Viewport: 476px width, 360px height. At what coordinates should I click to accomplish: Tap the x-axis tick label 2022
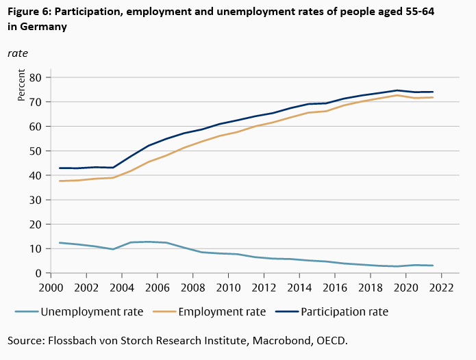[442, 287]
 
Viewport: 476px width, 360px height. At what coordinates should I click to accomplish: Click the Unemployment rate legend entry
[92, 311]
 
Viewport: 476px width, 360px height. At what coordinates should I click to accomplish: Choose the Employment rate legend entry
[222, 311]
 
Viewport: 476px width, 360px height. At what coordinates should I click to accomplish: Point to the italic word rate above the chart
[18, 53]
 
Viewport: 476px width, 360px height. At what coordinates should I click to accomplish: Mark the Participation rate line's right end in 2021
[433, 92]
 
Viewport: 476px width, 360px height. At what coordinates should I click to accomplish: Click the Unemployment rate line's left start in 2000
[60, 243]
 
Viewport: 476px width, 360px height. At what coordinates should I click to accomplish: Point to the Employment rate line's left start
[60, 181]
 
